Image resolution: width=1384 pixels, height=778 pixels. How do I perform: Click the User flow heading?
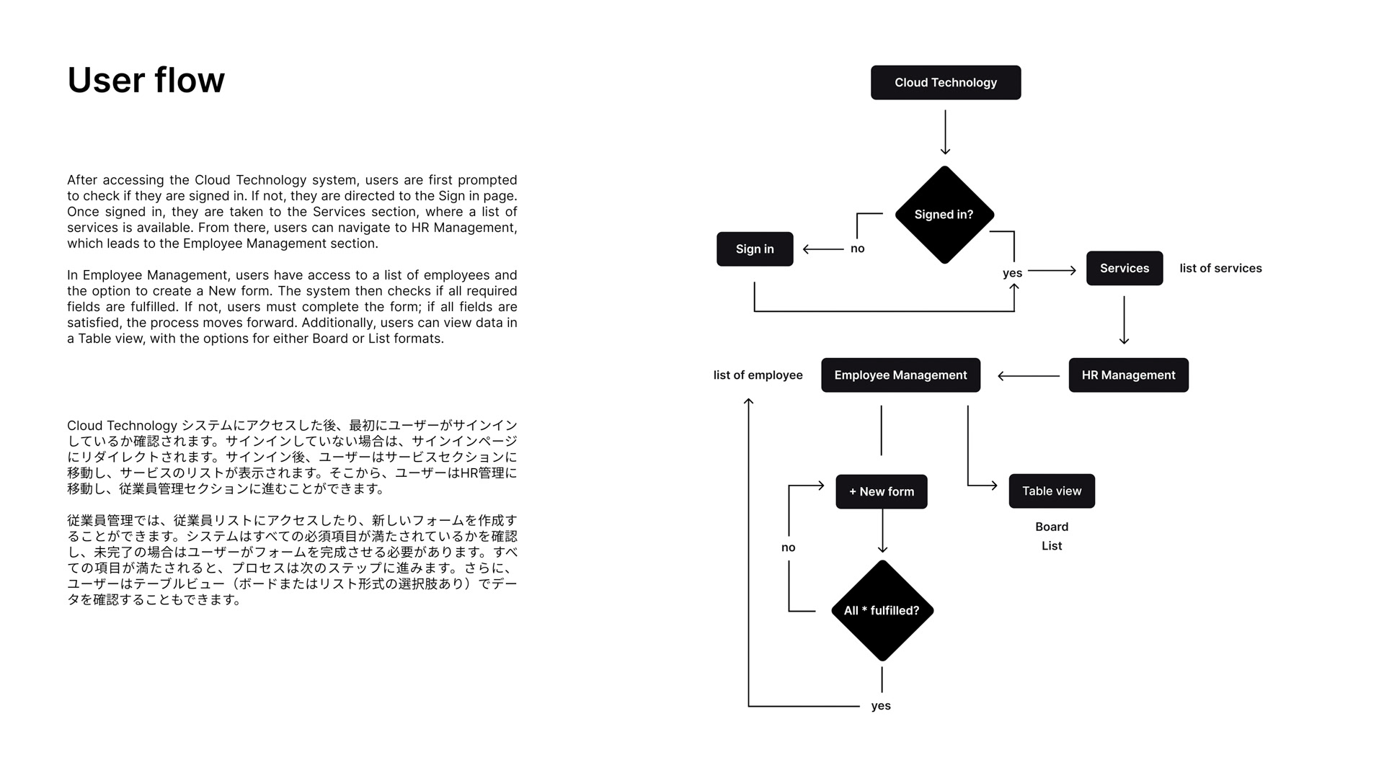pos(146,80)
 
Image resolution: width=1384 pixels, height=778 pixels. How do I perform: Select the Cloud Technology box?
pos(945,83)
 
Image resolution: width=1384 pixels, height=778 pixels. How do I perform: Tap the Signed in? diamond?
pos(944,215)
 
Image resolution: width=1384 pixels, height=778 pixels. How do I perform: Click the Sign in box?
pos(755,249)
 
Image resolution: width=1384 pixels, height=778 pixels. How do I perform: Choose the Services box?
pos(1124,269)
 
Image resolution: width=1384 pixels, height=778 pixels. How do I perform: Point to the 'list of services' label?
pos(1220,269)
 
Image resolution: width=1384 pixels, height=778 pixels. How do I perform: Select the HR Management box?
pos(1128,375)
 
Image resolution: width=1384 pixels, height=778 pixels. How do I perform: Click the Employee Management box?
pos(900,375)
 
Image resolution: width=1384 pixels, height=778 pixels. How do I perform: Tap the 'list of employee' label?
pos(758,375)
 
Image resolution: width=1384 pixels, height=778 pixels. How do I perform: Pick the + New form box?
pos(881,492)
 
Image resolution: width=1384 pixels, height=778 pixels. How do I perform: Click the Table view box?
pos(1051,491)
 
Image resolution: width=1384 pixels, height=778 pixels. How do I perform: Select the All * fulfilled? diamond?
pos(882,611)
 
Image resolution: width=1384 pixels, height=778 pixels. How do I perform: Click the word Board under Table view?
pos(1052,527)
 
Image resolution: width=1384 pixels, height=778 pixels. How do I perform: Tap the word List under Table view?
pos(1052,546)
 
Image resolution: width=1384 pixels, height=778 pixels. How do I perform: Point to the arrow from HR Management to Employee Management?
pos(1028,376)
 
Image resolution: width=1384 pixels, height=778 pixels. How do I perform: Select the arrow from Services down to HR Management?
pos(1124,320)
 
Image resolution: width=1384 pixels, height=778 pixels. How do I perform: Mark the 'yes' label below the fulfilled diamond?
pos(881,706)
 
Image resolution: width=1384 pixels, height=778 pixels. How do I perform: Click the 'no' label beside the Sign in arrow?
pos(857,249)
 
